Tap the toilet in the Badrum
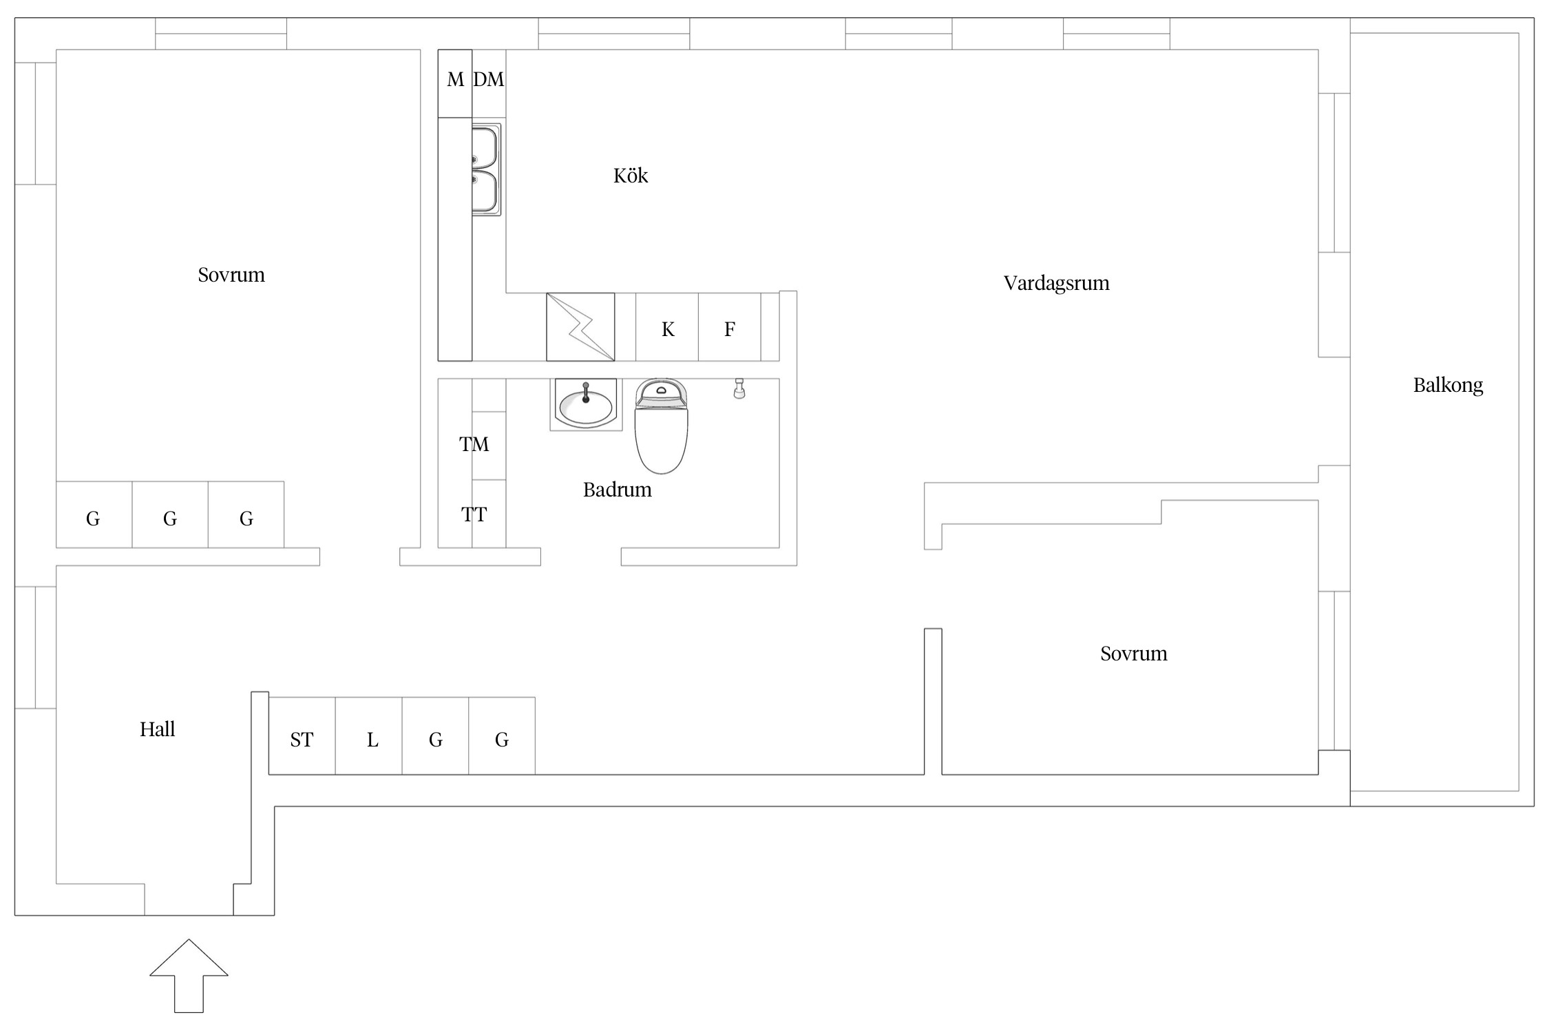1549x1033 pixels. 661,427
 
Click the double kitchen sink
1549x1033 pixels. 485,170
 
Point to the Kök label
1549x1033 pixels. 631,176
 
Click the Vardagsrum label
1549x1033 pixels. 1056,284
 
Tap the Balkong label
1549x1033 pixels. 1448,386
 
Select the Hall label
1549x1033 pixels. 157,729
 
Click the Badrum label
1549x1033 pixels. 617,490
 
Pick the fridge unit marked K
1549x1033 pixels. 667,329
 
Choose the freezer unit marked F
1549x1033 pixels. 729,329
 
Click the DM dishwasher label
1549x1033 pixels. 489,81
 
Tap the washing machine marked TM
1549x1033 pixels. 474,445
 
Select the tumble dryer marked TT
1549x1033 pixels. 474,514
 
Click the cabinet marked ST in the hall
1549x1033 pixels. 302,740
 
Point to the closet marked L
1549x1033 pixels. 372,740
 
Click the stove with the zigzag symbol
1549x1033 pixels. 580,327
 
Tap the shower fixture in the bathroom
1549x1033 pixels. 739,388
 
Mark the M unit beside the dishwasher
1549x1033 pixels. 455,81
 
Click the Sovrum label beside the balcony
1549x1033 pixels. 1133,654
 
